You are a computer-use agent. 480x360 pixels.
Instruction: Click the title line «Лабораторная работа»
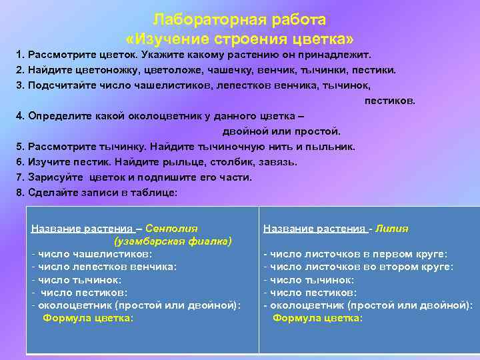click(240, 19)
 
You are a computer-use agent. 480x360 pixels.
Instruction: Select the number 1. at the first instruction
click(21, 54)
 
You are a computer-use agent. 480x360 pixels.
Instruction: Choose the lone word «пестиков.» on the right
click(389, 100)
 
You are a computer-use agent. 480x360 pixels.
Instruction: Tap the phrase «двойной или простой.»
click(281, 131)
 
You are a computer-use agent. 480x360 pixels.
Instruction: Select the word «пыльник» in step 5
click(332, 147)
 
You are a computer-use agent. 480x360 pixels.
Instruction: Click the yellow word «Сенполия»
click(171, 228)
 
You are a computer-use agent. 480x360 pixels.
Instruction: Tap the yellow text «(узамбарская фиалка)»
click(173, 241)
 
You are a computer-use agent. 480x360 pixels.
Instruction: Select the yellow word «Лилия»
click(392, 228)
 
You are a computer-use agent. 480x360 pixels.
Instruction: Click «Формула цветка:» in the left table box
click(88, 318)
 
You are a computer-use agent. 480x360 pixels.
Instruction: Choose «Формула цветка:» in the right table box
click(318, 318)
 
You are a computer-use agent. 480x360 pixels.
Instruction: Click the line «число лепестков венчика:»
click(107, 267)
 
